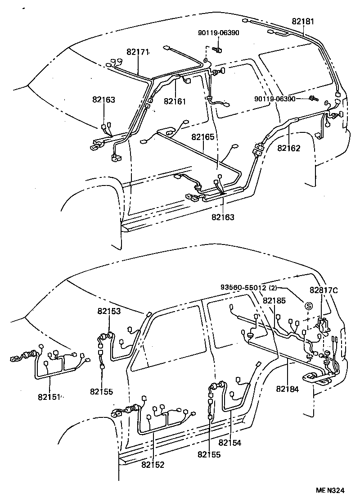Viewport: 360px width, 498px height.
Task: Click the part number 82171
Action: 137,53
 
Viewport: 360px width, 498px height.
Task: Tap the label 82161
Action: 175,101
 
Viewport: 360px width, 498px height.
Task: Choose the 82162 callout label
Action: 289,148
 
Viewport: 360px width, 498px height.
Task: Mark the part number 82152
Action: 153,464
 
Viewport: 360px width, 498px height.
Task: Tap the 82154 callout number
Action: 230,443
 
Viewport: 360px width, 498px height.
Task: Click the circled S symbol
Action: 309,306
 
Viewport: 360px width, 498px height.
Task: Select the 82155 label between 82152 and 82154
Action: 209,455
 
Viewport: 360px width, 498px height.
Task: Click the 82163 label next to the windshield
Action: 104,100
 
